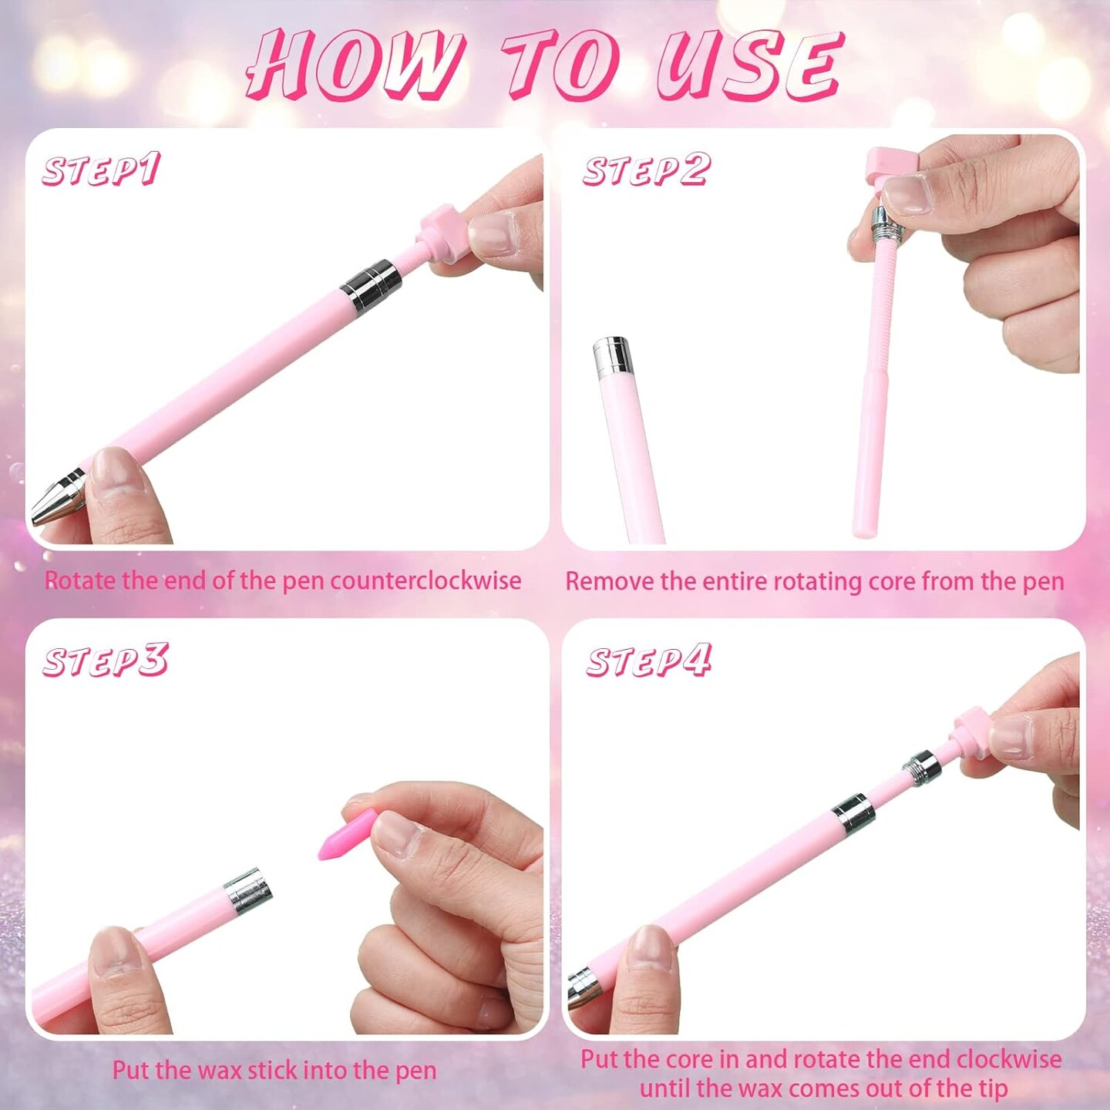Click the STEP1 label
pyautogui.click(x=101, y=170)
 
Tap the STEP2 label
pyautogui.click(x=645, y=170)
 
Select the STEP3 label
pyautogui.click(x=105, y=661)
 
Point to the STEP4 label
pyautogui.click(x=648, y=661)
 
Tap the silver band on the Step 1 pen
pyautogui.click(x=371, y=286)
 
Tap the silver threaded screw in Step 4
pyautogui.click(x=922, y=767)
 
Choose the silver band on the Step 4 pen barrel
pyautogui.click(x=853, y=815)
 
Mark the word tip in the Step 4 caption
pyautogui.click(x=990, y=1088)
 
